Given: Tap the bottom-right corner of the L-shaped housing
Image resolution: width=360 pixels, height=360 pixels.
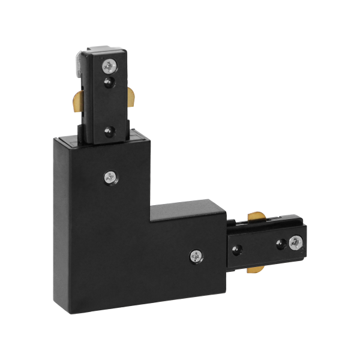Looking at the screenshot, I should (223, 308).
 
